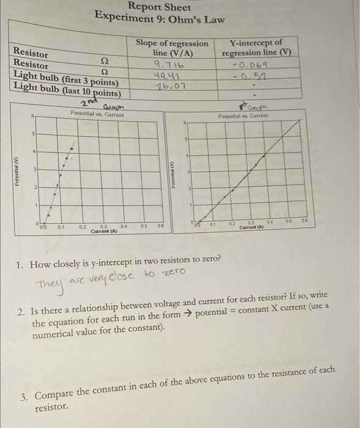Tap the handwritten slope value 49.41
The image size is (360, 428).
166,75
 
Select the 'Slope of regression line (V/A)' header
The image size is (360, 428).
172,48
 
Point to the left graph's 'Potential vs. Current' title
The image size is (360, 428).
97,114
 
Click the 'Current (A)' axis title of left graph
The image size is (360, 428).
105,231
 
